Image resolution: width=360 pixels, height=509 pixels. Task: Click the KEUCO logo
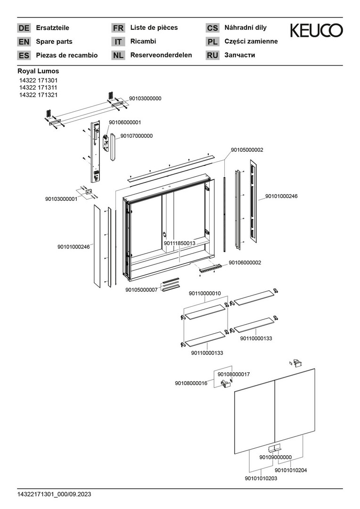pyautogui.click(x=316, y=31)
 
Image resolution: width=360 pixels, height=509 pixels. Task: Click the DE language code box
pyautogui.click(x=24, y=28)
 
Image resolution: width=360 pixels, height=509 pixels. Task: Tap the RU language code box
pyautogui.click(x=213, y=55)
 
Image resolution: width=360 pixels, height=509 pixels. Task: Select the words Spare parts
pyautogui.click(x=54, y=41)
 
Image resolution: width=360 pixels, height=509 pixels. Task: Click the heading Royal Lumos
pyautogui.click(x=38, y=71)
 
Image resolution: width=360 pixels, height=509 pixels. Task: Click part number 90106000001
pyautogui.click(x=124, y=122)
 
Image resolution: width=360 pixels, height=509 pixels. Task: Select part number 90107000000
pyautogui.click(x=136, y=136)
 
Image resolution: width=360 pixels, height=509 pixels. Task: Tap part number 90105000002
pyautogui.click(x=246, y=150)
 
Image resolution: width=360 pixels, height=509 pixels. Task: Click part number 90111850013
pyautogui.click(x=180, y=243)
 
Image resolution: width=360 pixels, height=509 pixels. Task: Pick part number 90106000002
pyautogui.click(x=245, y=263)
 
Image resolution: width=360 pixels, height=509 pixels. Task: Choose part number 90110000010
pyautogui.click(x=205, y=293)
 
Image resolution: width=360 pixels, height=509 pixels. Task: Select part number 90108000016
pyautogui.click(x=191, y=383)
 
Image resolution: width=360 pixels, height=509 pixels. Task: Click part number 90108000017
pyautogui.click(x=233, y=374)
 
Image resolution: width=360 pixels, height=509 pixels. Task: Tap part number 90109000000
pyautogui.click(x=275, y=457)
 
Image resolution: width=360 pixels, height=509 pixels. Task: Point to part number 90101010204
pyautogui.click(x=291, y=469)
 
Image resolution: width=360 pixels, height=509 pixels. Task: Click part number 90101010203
pyautogui.click(x=261, y=478)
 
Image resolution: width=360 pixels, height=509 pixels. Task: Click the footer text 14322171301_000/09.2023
pyautogui.click(x=54, y=494)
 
